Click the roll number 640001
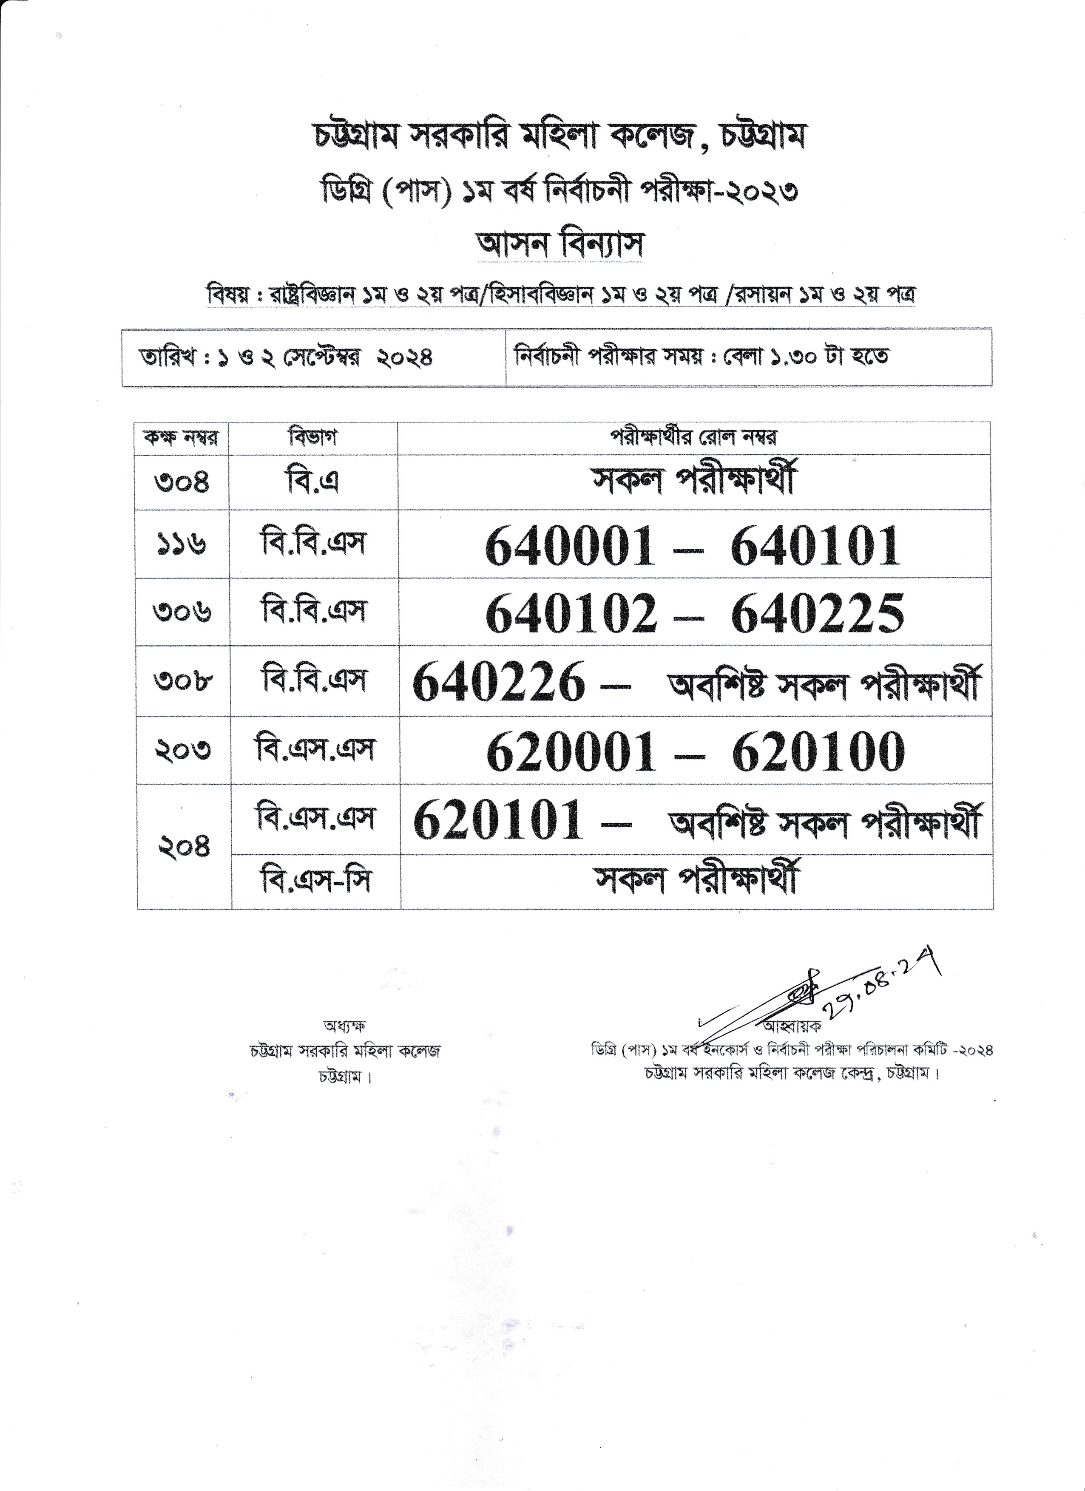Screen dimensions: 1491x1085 (x=570, y=546)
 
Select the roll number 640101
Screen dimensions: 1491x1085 (x=815, y=546)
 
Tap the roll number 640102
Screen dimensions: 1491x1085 (x=571, y=613)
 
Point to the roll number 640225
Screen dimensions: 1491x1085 (x=818, y=613)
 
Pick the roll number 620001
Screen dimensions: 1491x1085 (x=571, y=751)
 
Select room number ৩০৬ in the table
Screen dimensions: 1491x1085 (x=182, y=612)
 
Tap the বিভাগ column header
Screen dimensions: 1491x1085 (x=313, y=438)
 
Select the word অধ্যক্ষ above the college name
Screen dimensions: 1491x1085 (x=344, y=1026)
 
